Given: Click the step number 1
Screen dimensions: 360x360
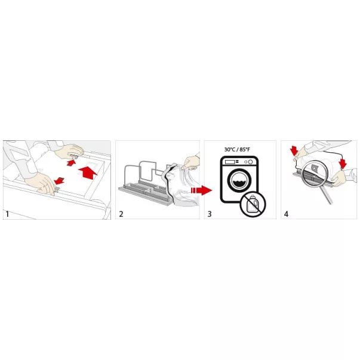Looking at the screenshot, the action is coord(7,214).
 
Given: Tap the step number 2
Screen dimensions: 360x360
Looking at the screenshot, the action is coord(121,214).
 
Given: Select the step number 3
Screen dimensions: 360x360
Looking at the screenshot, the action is coord(210,214).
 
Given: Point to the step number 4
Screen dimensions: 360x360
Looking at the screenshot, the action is coord(286,214).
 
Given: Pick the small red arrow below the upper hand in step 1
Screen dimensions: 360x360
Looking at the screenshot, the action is coord(71,163).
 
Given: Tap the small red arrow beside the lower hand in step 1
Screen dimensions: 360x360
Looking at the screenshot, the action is coord(59,181).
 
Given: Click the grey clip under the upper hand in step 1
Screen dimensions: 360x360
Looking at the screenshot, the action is coord(75,157).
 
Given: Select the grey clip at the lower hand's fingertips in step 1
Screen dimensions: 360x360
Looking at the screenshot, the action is coord(57,190).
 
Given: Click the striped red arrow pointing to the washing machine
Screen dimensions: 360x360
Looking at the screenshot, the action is coord(201,190).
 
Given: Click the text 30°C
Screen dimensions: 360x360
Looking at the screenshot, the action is coord(230,149).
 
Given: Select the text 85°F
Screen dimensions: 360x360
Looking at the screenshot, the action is coord(245,149).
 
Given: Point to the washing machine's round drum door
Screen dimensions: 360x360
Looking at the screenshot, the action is coord(239,180).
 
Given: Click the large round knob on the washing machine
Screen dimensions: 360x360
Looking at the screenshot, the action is coord(251,162).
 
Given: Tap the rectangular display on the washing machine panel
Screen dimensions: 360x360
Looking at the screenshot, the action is coord(230,162).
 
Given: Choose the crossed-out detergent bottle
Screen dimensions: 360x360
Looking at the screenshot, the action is coord(253,204).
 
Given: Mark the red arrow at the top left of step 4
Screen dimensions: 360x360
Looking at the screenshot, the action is coord(294,150).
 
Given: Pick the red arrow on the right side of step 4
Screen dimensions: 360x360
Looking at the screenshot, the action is coord(343,164).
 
